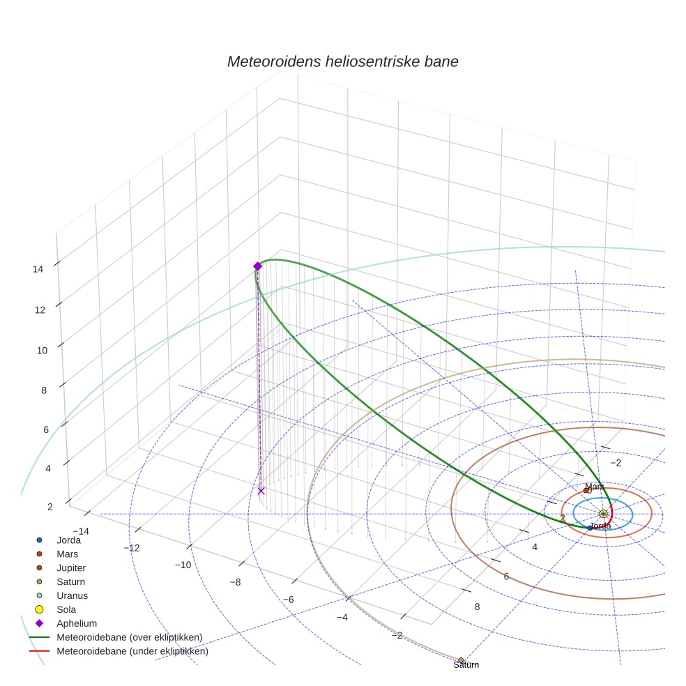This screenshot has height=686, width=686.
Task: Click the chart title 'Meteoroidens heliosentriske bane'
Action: [x=342, y=61]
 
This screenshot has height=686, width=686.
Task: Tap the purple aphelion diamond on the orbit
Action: [x=257, y=266]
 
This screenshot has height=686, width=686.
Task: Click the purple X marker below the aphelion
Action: [x=261, y=491]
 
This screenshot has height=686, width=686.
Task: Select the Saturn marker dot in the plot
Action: [x=461, y=660]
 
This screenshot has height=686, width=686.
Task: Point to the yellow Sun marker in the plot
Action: [x=603, y=514]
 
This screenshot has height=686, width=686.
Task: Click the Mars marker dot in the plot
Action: [x=586, y=490]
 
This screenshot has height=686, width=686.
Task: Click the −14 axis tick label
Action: [x=80, y=531]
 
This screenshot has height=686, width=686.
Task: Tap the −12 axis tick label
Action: [x=131, y=548]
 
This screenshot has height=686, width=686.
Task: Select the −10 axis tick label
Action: [x=183, y=565]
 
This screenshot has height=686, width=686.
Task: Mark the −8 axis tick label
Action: [x=235, y=582]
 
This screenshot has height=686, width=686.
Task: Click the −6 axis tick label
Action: [x=288, y=600]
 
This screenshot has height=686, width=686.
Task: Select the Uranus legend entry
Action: [x=72, y=595]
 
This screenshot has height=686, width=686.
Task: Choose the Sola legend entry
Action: [x=66, y=609]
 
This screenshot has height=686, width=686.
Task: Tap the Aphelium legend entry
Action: [x=76, y=623]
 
